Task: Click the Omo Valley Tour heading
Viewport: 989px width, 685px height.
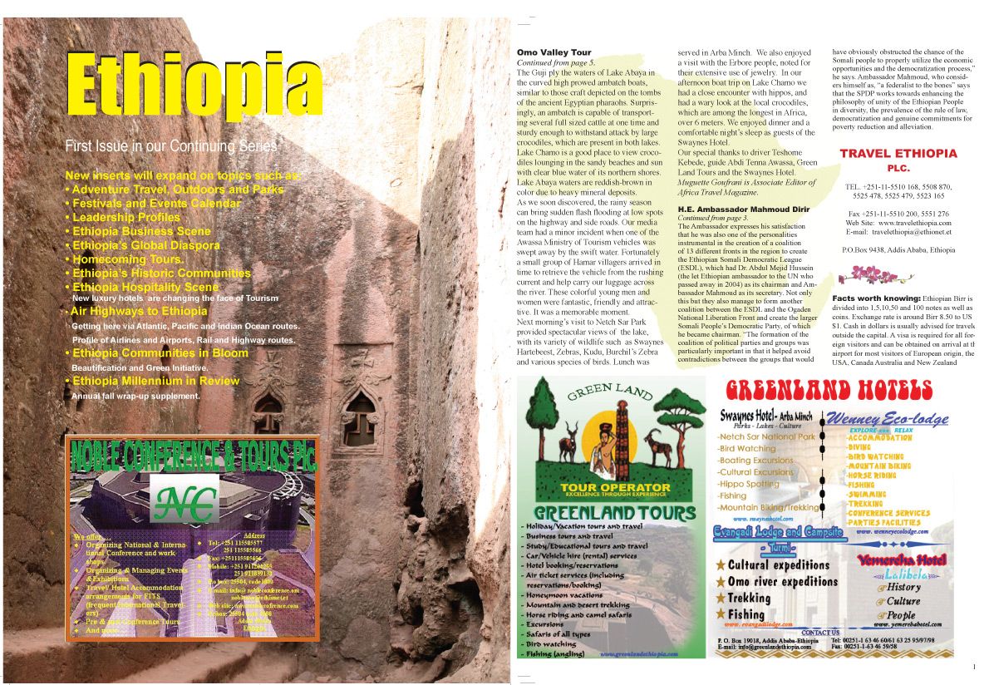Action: point(553,53)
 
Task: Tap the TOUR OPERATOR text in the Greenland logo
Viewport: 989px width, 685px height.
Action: point(615,487)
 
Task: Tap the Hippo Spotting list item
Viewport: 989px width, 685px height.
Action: point(749,484)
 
